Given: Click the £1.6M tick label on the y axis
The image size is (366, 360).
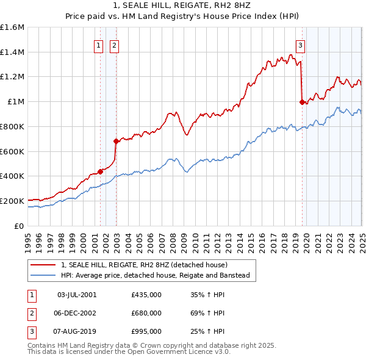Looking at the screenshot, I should pos(12,27).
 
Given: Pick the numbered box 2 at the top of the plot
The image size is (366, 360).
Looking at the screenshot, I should pos(115,44).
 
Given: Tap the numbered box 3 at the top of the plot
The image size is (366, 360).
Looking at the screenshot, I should pos(301,44).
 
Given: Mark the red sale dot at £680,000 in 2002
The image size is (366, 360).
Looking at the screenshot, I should pos(116,141).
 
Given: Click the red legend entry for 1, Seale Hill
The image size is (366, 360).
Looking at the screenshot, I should pos(144,265).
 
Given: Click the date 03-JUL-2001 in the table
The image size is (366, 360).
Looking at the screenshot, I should pos(76,295).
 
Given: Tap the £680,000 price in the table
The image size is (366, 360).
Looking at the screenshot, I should pos(146,313).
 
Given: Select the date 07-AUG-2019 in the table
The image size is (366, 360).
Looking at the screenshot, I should pos(77,331).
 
